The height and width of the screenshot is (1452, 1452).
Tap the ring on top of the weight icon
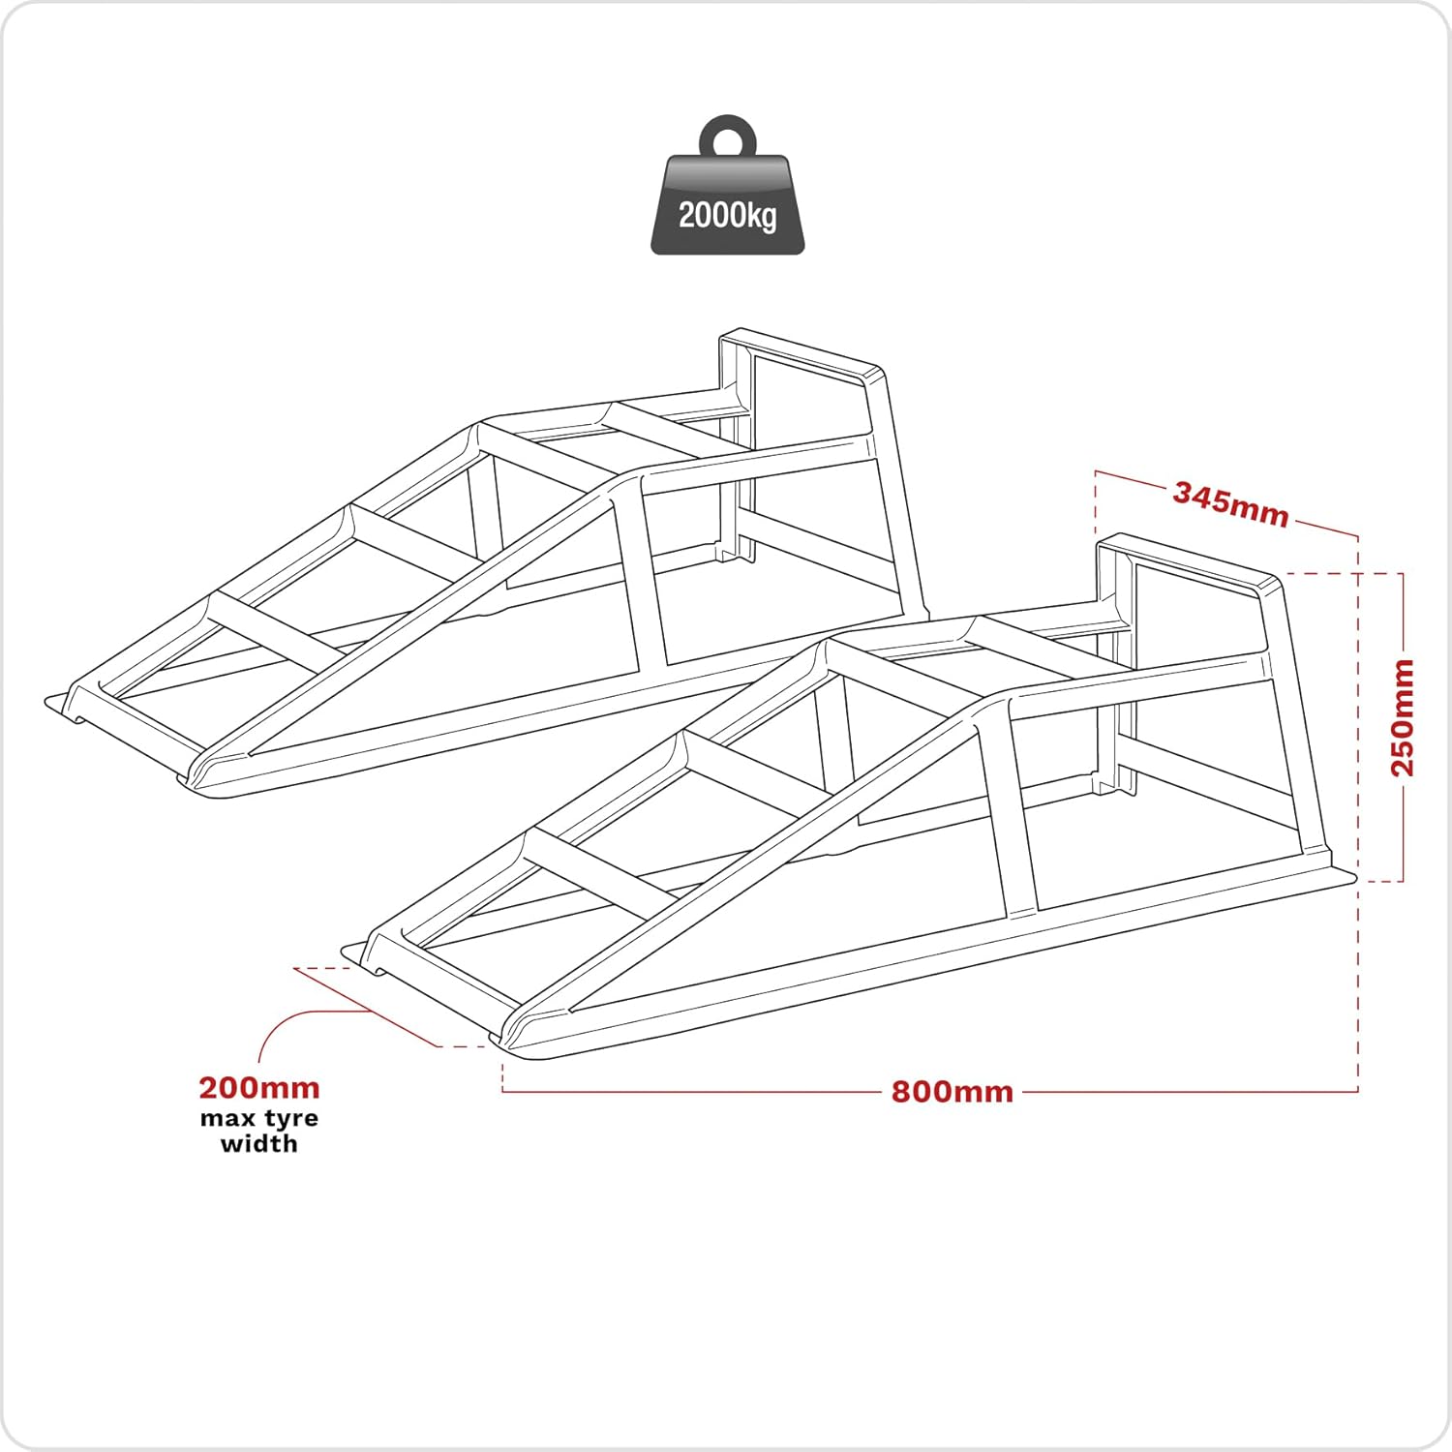point(727,136)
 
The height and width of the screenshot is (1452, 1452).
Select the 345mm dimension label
point(1230,504)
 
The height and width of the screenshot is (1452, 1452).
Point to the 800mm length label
point(953,1092)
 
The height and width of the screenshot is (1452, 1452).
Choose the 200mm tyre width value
point(259,1088)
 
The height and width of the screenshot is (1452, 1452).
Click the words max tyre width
point(259,1131)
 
